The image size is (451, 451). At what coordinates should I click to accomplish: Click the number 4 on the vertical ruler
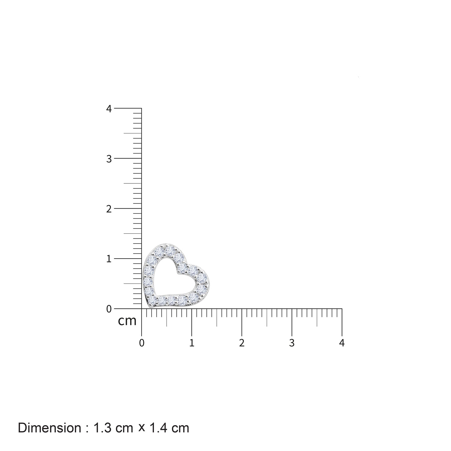[109, 109]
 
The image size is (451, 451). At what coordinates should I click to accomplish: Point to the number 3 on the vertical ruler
[109, 159]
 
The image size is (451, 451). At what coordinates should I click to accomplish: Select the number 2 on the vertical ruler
[109, 209]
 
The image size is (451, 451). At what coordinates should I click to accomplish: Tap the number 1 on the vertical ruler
[109, 259]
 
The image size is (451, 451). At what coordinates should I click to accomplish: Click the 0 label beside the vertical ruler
[109, 309]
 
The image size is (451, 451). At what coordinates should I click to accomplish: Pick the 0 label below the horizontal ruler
[142, 343]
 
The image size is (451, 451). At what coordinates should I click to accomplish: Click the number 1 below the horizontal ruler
[192, 343]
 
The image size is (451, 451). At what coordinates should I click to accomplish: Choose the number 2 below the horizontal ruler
[242, 343]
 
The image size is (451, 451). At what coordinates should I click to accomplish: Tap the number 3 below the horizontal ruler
[292, 343]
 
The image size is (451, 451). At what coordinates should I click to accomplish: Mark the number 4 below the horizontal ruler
[342, 343]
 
